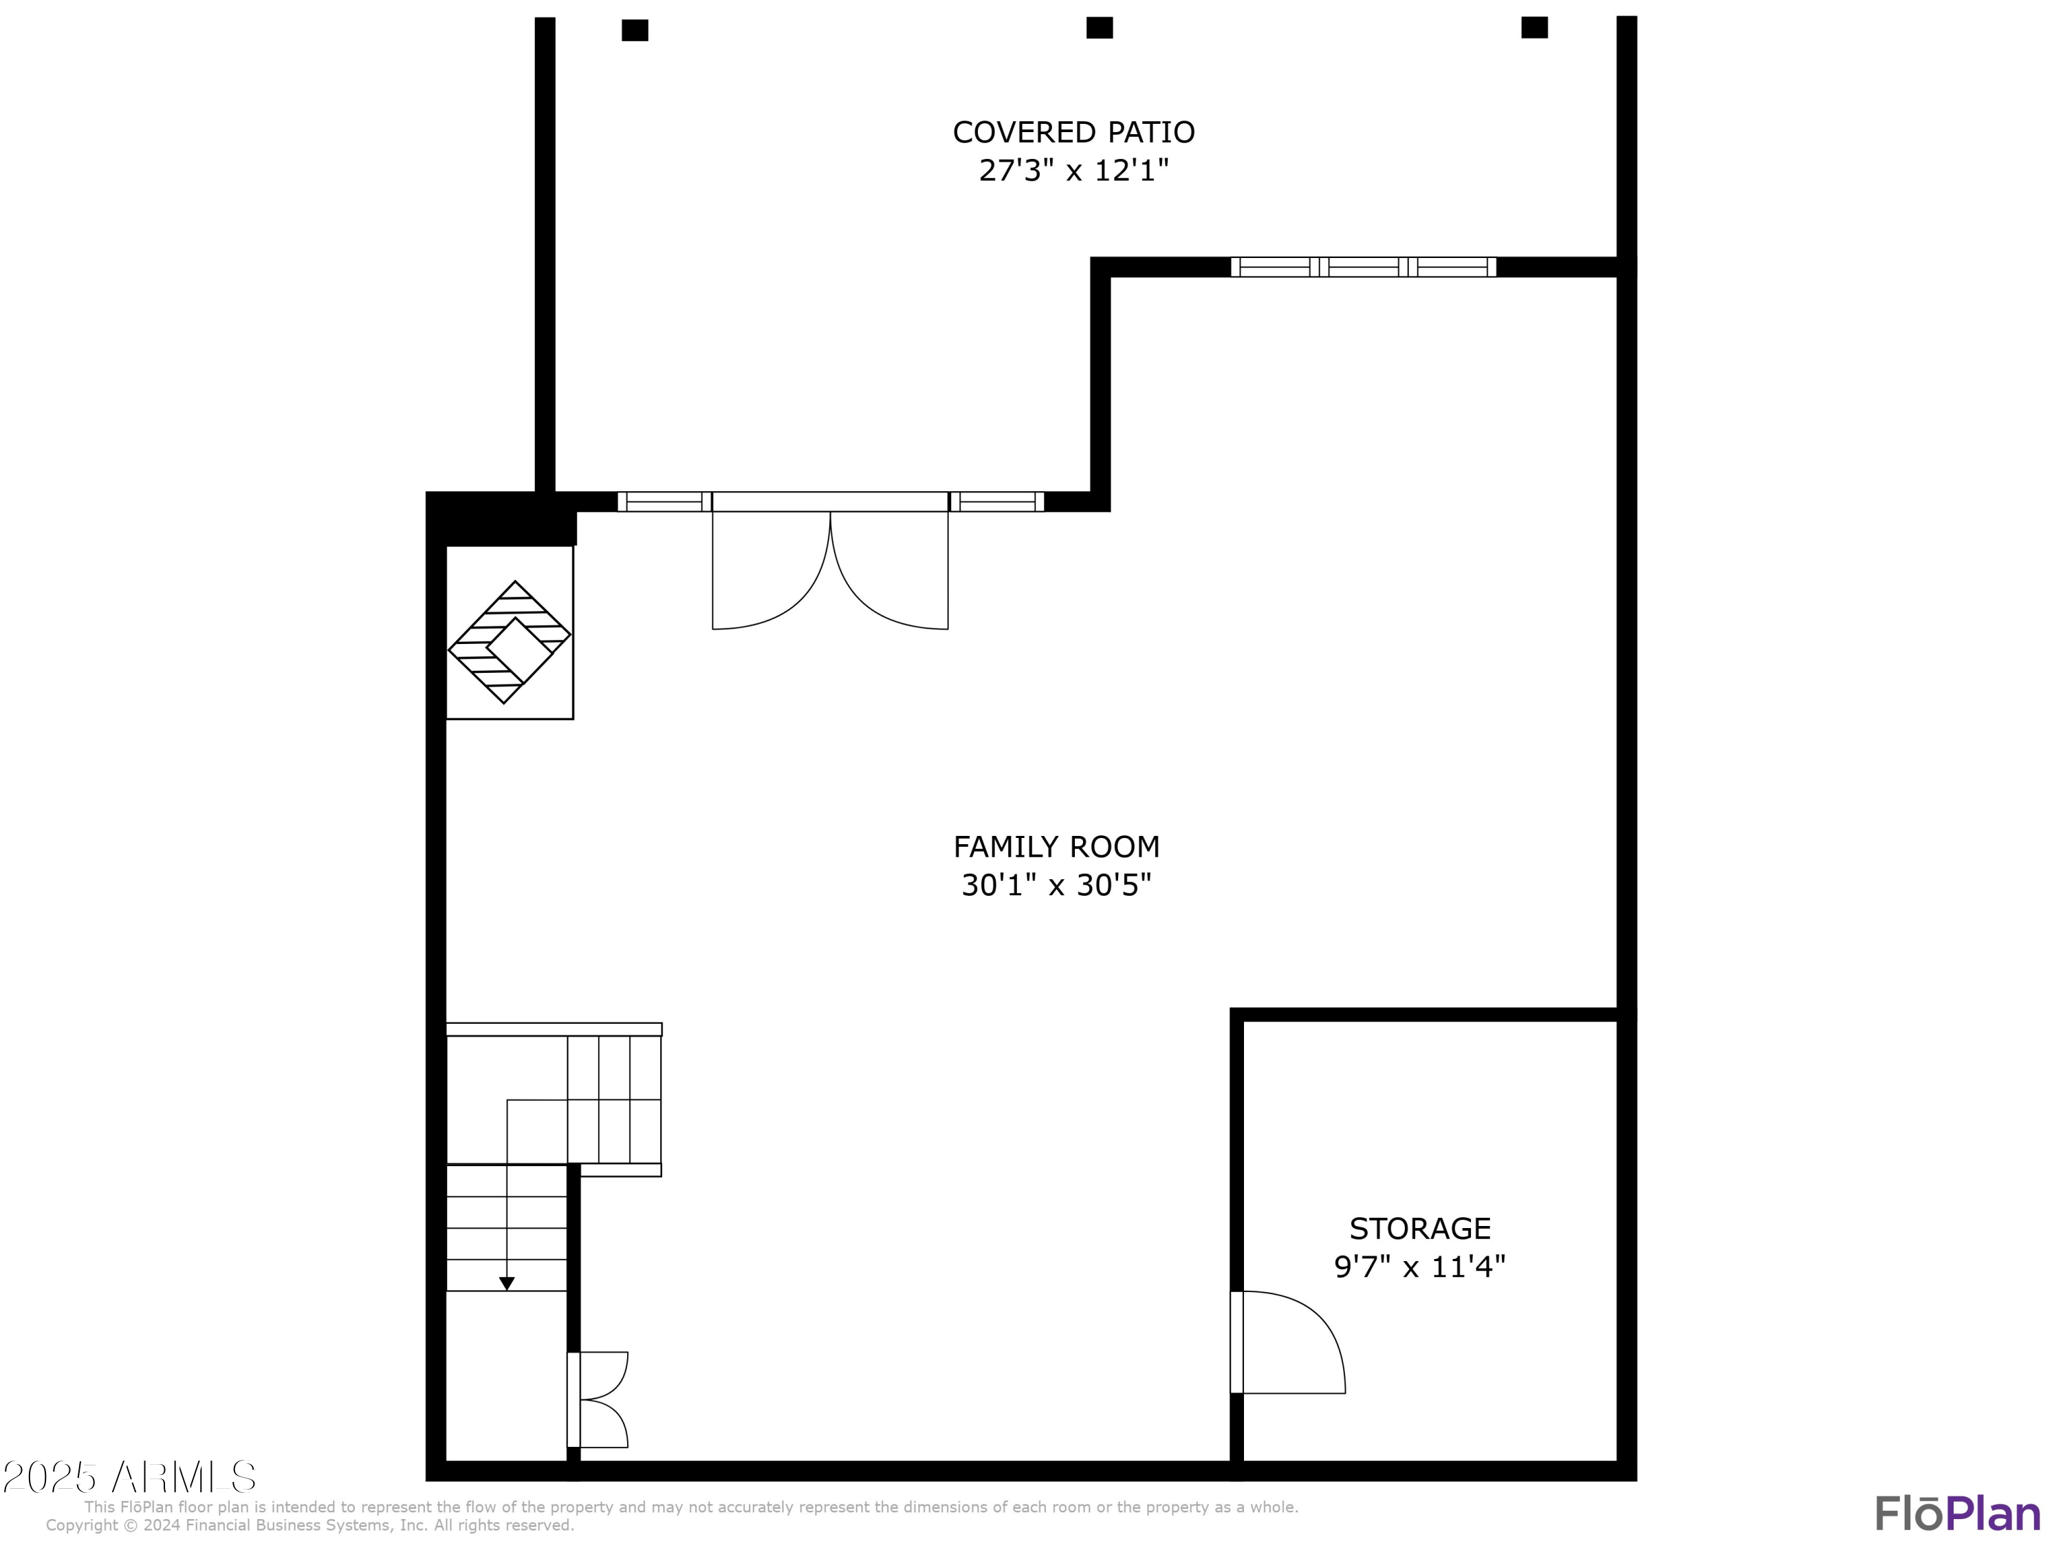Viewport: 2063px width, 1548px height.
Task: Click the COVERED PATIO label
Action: click(x=1073, y=133)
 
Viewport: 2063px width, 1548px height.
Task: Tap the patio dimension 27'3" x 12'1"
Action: click(x=1073, y=171)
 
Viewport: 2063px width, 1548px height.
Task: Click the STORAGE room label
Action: click(x=1419, y=1228)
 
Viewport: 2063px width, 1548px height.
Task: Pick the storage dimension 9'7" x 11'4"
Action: click(x=1419, y=1266)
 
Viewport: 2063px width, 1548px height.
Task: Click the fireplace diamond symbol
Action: click(x=510, y=642)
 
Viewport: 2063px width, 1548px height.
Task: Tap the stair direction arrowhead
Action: click(x=506, y=1284)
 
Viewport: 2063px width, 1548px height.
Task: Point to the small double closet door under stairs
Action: click(x=600, y=1399)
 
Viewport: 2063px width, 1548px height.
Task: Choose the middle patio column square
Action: click(x=1100, y=28)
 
